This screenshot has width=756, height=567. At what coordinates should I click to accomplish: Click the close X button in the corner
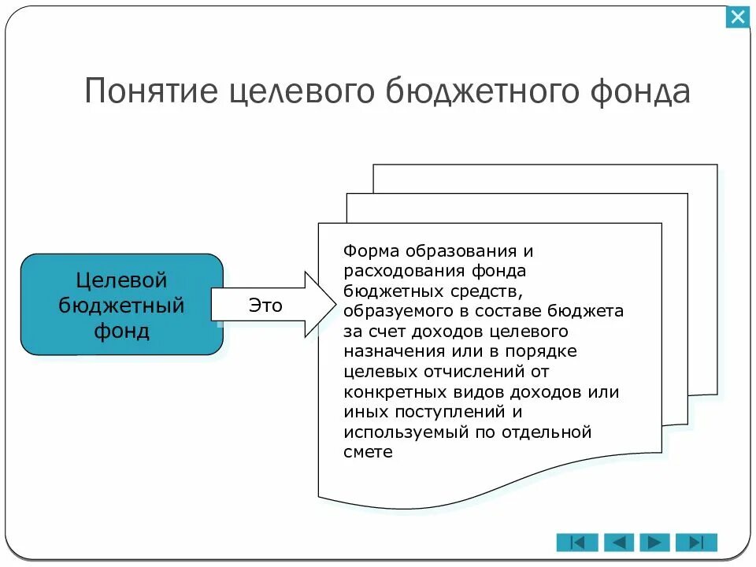coord(738,17)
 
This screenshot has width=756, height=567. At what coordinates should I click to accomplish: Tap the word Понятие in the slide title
coord(150,91)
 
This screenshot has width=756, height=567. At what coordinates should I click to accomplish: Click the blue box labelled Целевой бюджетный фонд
coord(121,304)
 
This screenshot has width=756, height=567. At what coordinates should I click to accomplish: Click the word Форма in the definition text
coord(372,251)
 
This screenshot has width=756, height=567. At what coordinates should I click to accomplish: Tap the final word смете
coord(368,453)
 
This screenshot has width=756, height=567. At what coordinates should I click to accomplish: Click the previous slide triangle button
coord(618,542)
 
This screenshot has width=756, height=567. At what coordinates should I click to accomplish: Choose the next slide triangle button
coord(655,542)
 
